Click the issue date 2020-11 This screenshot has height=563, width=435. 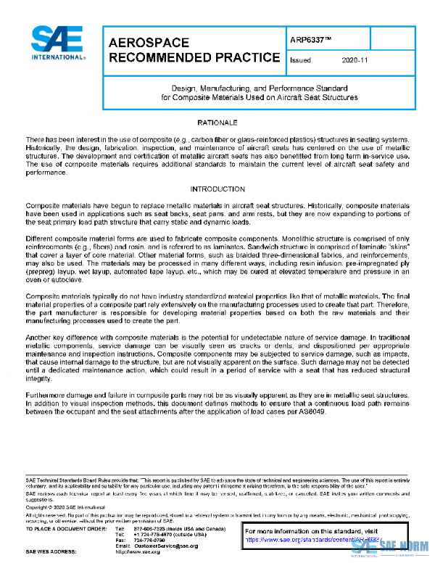tap(353, 61)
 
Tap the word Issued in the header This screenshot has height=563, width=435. tap(300, 61)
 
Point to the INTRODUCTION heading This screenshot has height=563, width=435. tap(217, 189)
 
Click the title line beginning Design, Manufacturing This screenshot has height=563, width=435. tap(259, 86)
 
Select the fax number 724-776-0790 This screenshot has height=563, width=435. tap(146, 540)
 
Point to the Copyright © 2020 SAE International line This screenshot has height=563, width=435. tap(65, 508)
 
